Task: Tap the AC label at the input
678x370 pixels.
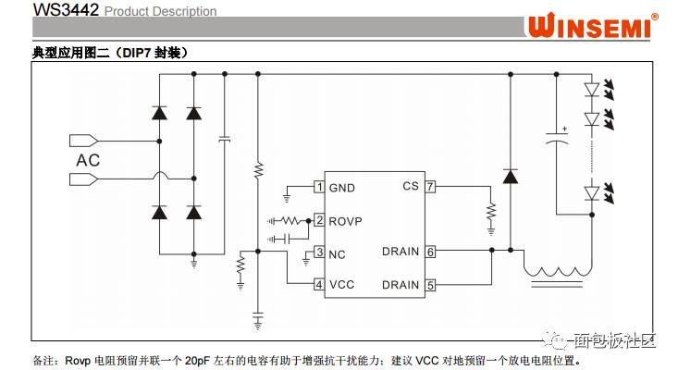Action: [87, 159]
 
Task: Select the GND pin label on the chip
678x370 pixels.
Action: [342, 188]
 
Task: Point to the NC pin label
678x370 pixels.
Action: [339, 253]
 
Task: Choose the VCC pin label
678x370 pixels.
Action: [342, 285]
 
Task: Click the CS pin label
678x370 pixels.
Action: [411, 186]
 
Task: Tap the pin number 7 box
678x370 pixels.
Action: [430, 186]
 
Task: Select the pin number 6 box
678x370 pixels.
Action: [430, 252]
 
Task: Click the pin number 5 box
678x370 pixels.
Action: [430, 285]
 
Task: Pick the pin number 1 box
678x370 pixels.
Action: [319, 188]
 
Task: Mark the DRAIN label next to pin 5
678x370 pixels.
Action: [400, 285]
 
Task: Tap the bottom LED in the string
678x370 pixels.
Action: [592, 192]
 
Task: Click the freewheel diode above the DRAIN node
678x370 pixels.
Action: [509, 176]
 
